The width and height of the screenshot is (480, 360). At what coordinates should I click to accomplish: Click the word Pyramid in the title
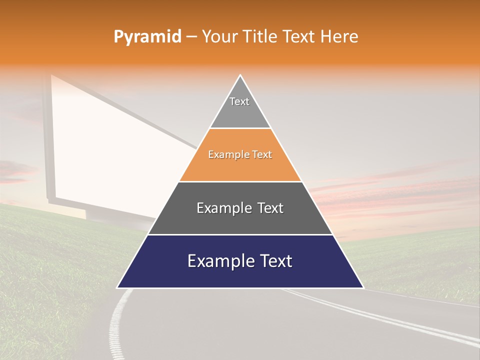coord(147,37)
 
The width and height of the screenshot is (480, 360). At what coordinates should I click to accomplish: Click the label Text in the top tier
coord(239,101)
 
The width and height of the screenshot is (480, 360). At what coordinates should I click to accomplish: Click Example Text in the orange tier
coord(240,154)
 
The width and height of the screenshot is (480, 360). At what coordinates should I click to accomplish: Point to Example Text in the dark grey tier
coord(240,208)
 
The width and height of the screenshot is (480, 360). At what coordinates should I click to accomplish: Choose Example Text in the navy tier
coord(240,261)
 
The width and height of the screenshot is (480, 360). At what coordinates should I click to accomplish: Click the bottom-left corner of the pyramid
coord(117,287)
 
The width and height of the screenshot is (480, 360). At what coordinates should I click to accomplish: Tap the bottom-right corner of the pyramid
coord(363,287)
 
